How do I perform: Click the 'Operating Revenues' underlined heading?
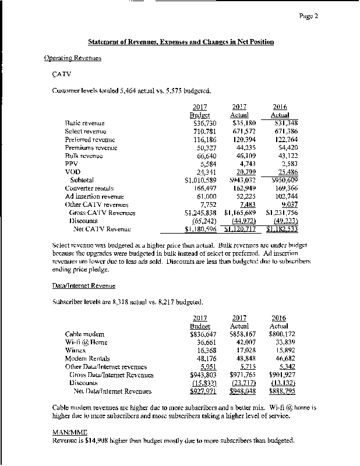click(73, 58)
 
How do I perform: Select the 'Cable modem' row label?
click(84, 334)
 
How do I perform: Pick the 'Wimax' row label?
click(76, 351)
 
